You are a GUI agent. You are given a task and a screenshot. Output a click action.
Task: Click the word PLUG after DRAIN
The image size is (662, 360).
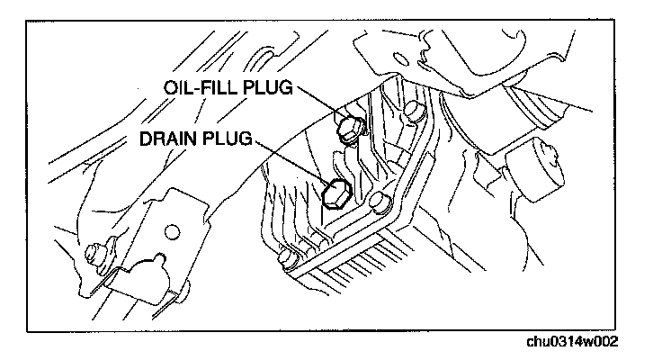pyautogui.click(x=230, y=140)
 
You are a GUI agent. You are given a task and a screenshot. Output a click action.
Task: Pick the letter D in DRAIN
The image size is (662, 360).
pyautogui.click(x=146, y=140)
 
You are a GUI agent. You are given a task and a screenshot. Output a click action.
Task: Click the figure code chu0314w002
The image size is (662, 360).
pyautogui.click(x=574, y=343)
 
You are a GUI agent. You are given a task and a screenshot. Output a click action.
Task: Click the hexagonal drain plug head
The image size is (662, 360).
pyautogui.click(x=335, y=192)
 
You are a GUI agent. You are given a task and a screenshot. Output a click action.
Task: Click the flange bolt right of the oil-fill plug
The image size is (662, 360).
pyautogui.click(x=415, y=113)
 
